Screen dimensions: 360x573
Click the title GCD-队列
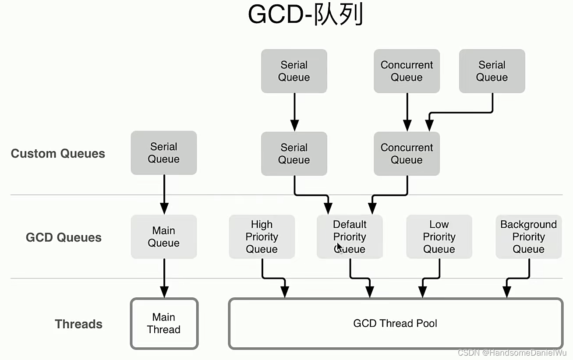[x=305, y=15]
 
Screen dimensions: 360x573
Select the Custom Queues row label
[x=58, y=154]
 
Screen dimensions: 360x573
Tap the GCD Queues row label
[x=64, y=237]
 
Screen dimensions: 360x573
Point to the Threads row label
[x=78, y=324]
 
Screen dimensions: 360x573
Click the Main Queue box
[x=163, y=236]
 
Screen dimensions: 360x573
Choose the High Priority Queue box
[x=262, y=236]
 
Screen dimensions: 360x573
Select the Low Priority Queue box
[x=439, y=236]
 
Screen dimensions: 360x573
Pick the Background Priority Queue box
[x=528, y=236]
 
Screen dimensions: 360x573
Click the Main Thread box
[x=164, y=324]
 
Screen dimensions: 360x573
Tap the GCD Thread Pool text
[x=395, y=324]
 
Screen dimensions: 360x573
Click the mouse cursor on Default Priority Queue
[x=340, y=247]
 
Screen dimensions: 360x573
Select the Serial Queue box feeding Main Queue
[x=163, y=153]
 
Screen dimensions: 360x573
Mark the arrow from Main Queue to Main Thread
[x=164, y=278]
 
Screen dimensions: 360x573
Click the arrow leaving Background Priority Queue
[x=517, y=278]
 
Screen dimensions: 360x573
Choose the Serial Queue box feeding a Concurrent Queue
[x=492, y=71]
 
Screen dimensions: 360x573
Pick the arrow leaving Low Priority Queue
[x=432, y=278]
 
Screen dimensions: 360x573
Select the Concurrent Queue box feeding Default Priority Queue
[x=407, y=154]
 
